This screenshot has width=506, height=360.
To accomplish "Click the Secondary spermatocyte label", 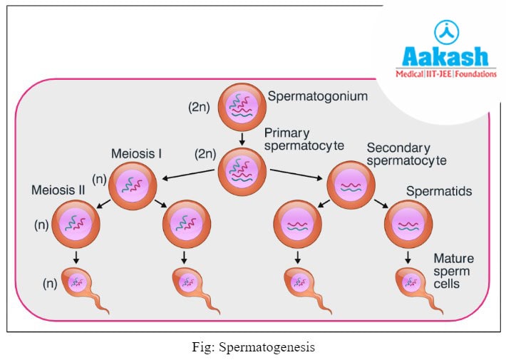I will [406, 154].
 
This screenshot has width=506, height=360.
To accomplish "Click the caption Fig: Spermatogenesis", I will [254, 347].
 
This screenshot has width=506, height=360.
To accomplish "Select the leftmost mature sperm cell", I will [82, 285].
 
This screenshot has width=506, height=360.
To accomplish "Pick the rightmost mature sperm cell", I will [413, 285].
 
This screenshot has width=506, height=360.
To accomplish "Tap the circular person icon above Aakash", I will [446, 31].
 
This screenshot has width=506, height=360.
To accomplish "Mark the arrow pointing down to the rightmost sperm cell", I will [408, 257].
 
